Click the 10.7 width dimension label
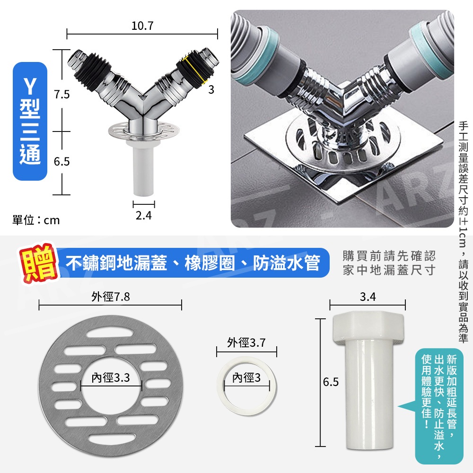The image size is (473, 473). tap(142, 26)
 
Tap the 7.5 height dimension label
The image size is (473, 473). tap(62, 95)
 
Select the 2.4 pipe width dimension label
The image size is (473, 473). tap(144, 215)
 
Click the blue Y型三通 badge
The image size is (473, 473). tap(30, 121)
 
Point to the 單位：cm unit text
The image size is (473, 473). tap(36, 220)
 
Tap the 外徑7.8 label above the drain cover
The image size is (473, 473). tap(111, 297)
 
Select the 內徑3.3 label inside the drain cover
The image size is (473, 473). tap(111, 377)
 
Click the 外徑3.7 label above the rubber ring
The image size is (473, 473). tap(246, 342)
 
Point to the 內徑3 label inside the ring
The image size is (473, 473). tap(246, 377)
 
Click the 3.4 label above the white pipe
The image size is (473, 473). tap(368, 297)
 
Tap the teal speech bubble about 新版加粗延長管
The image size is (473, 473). tap(438, 406)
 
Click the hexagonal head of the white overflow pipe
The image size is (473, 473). tap(368, 328)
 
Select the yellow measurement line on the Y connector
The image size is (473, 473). tap(195, 70)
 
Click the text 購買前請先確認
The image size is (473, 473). tap(389, 256)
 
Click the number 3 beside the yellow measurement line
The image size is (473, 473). tap(211, 89)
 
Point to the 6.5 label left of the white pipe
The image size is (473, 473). tap(331, 382)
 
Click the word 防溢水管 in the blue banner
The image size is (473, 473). tap(286, 263)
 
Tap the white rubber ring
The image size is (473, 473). tap(246, 387)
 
